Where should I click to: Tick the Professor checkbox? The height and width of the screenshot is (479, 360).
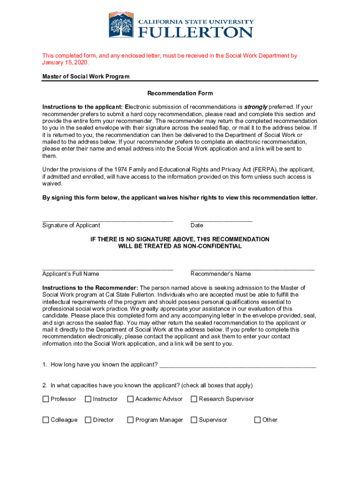click(x=45, y=399)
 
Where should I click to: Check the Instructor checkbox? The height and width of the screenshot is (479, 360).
click(x=88, y=399)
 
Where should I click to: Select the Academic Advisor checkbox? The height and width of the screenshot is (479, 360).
click(x=130, y=399)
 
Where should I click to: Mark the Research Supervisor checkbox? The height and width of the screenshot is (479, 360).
click(x=194, y=399)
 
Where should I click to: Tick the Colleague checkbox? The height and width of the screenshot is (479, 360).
click(x=45, y=420)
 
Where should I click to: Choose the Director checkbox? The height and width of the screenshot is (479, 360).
click(x=88, y=420)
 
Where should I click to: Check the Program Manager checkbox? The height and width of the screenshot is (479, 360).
click(x=130, y=420)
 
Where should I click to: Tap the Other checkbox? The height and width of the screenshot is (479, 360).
click(x=257, y=420)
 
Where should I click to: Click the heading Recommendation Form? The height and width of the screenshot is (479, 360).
click(x=180, y=94)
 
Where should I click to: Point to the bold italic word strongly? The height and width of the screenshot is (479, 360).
click(x=255, y=107)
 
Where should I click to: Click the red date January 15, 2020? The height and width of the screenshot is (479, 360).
click(x=65, y=63)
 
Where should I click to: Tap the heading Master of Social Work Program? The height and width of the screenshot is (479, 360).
click(x=86, y=76)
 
